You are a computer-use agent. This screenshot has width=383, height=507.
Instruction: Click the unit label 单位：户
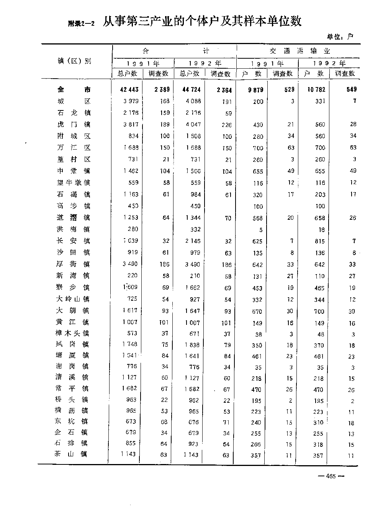[340, 37]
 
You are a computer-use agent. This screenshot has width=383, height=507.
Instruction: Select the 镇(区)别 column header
[74, 61]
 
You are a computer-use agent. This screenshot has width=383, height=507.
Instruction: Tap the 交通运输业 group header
[300, 51]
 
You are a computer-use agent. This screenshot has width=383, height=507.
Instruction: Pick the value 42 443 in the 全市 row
[129, 89]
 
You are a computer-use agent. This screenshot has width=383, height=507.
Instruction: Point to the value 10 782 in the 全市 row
[316, 89]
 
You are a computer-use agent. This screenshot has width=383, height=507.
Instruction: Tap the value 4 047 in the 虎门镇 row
[192, 124]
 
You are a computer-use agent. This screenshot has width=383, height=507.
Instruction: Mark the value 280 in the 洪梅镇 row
[133, 229]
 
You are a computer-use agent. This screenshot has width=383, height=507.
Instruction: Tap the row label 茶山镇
[72, 454]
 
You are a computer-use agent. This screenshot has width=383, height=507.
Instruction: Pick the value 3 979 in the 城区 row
[130, 101]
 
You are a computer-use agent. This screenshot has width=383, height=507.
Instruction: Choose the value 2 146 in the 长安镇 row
[192, 241]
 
